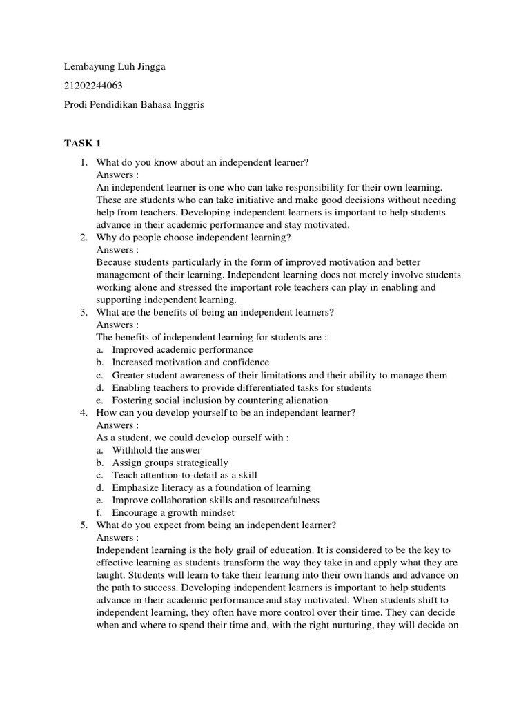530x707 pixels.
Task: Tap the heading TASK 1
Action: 82,144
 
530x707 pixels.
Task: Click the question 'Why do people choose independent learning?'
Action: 194,238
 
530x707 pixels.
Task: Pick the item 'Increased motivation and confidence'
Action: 190,362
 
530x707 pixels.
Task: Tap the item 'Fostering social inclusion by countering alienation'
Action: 220,400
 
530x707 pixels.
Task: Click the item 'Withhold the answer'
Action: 157,450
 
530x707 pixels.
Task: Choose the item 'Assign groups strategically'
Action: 170,463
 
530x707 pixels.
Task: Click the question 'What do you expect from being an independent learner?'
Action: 216,525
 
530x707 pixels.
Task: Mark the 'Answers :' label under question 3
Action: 117,325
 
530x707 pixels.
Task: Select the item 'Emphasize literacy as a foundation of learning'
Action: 211,487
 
